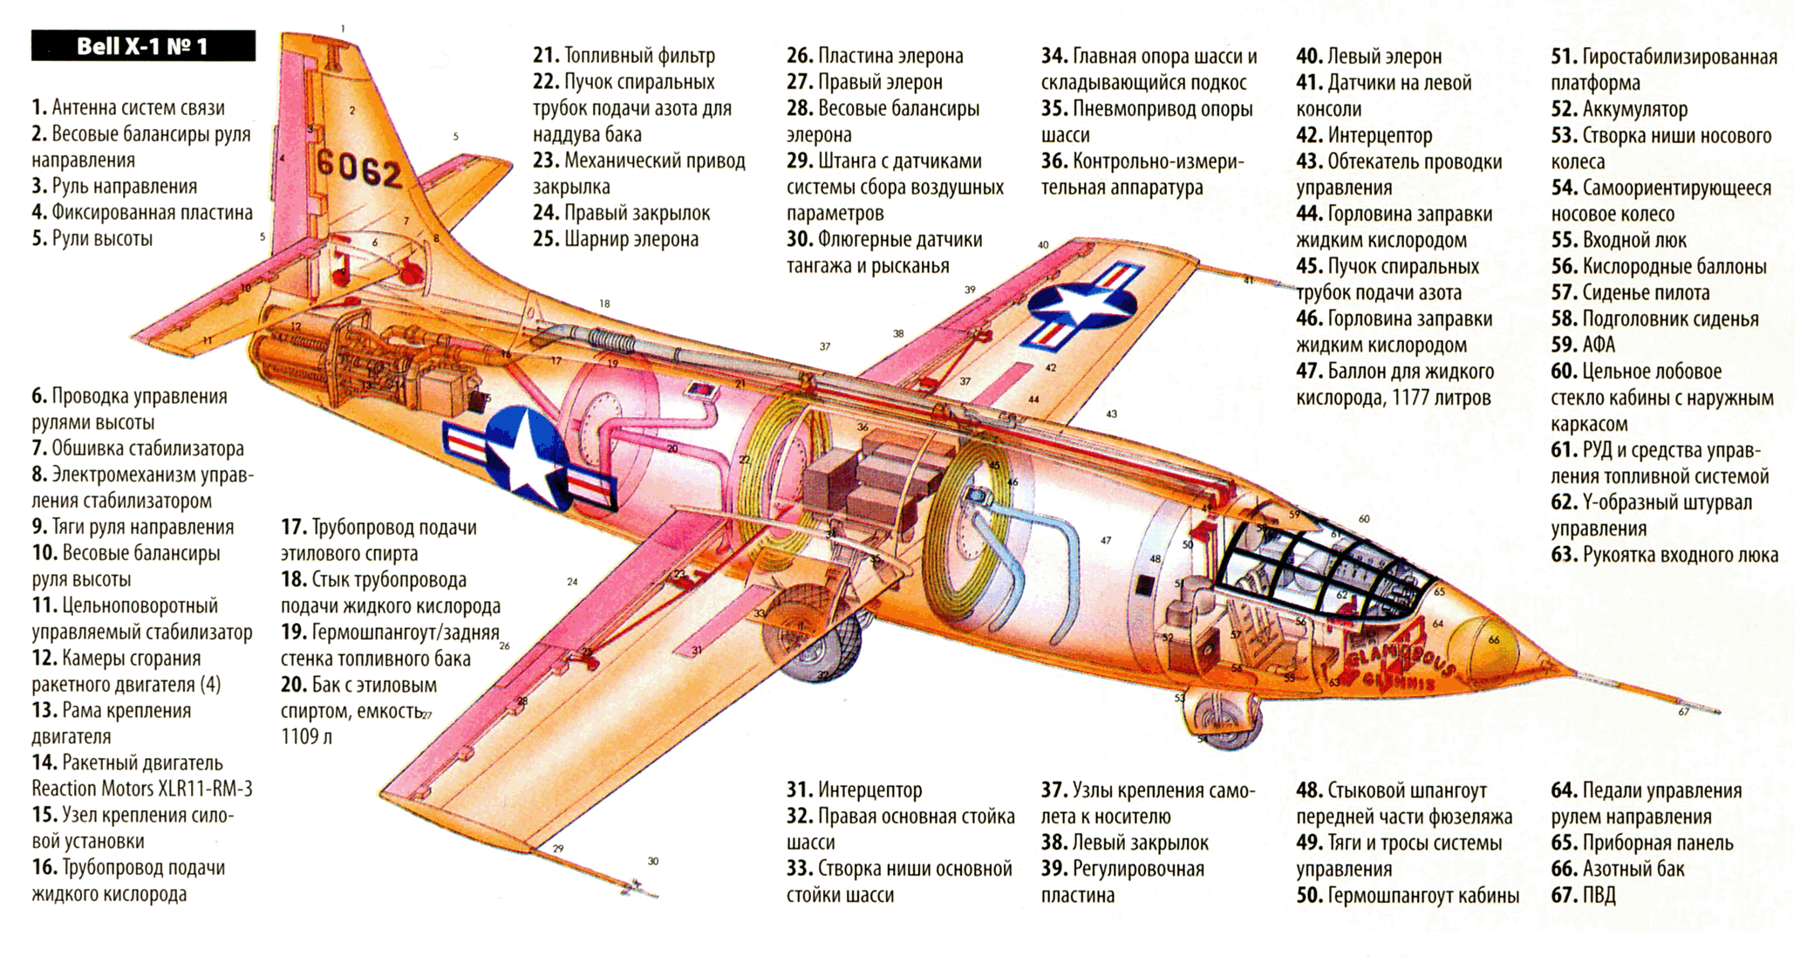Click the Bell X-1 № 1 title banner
coord(143,46)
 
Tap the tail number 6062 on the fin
coord(358,167)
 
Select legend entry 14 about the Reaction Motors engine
coord(141,775)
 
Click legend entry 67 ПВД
coord(1583,895)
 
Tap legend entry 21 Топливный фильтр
coord(624,56)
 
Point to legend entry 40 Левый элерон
coord(1368,57)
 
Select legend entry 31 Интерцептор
coord(854,790)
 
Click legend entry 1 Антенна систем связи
coord(128,108)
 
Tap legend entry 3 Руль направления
coord(114,187)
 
